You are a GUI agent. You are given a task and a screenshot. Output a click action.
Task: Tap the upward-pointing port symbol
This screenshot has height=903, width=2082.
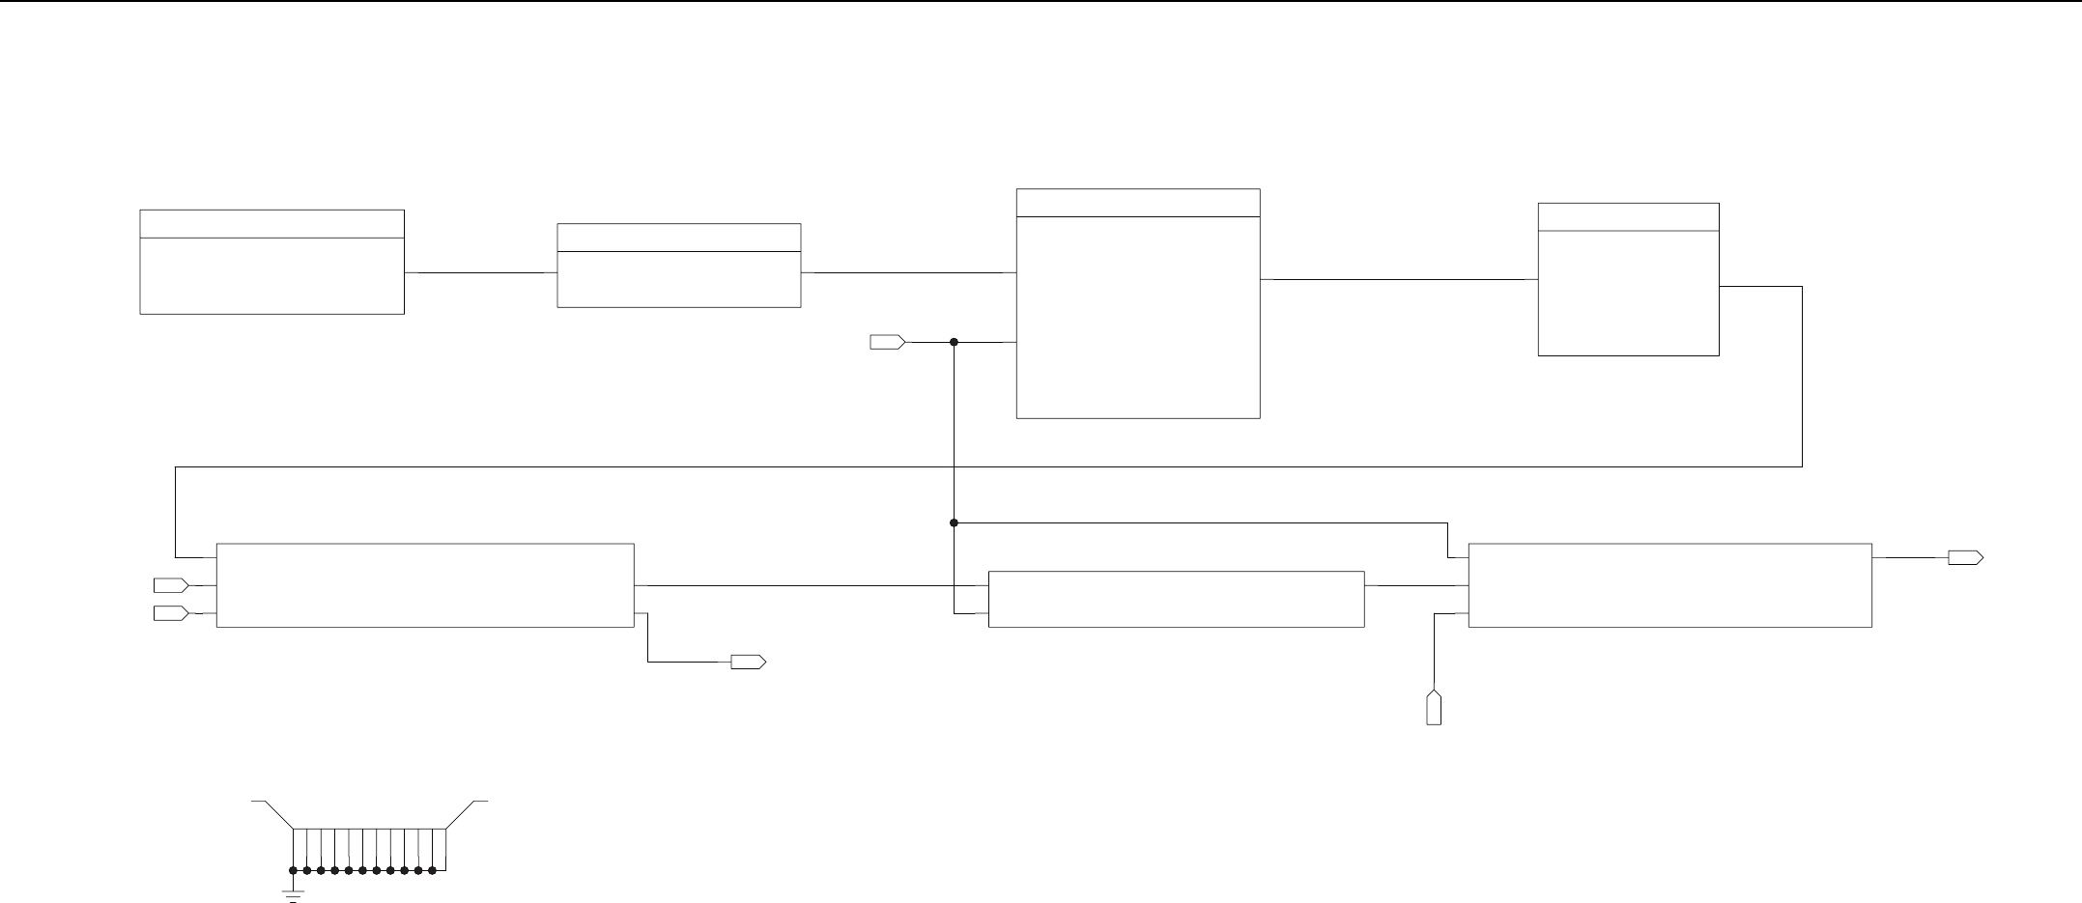click(x=1435, y=708)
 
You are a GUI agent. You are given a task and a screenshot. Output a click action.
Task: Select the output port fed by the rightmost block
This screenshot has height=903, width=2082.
click(x=1965, y=557)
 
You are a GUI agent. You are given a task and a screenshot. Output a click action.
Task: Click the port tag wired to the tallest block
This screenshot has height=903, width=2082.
click(x=887, y=342)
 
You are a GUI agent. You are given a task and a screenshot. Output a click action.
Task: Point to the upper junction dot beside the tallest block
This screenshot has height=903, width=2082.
click(x=954, y=342)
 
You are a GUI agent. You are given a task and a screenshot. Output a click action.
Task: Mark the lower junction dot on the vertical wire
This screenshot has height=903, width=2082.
click(x=954, y=522)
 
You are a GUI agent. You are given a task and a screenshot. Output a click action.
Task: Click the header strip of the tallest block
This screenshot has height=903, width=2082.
click(x=1138, y=203)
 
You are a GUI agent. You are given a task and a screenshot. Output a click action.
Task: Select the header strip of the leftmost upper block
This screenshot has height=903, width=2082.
click(x=271, y=223)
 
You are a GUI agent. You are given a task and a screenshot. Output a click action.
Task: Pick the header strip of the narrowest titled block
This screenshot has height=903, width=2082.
click(x=1628, y=217)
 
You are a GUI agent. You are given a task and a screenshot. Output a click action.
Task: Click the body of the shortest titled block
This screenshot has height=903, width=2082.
click(x=678, y=280)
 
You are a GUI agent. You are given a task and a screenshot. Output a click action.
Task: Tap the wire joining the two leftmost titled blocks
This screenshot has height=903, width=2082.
click(x=480, y=272)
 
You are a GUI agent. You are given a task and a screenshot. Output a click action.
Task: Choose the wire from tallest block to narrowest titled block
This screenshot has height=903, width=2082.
click(x=1399, y=279)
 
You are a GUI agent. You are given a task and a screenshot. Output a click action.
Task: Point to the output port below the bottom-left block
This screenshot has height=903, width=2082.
click(x=748, y=662)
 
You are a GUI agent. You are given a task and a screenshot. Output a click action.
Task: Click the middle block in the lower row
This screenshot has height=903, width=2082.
click(x=1176, y=599)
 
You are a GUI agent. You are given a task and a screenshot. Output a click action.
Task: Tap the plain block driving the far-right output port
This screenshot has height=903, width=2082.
click(x=1669, y=585)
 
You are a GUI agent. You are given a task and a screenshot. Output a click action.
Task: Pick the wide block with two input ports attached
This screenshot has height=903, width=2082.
click(x=425, y=585)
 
